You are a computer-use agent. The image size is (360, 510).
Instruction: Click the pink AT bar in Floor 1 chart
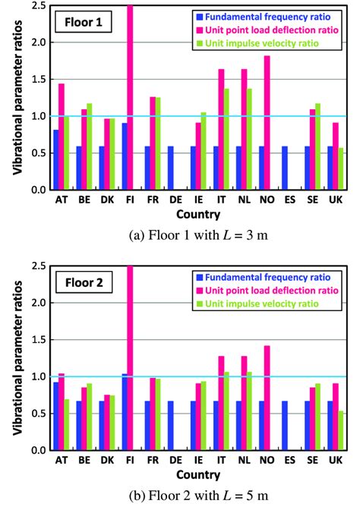[62, 137]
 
